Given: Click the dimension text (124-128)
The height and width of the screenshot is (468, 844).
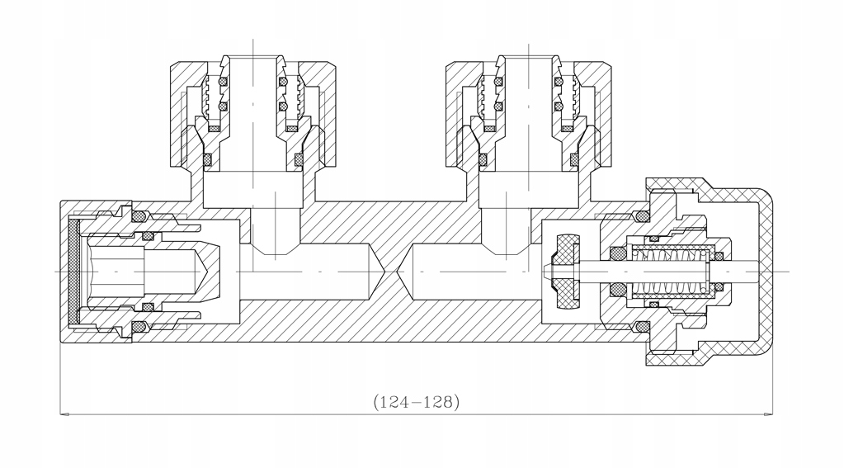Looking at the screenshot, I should tap(416, 403).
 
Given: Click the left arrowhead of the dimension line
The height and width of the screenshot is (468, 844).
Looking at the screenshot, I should tap(64, 414).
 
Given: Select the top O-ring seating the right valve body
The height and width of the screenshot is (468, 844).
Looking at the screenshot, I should tap(642, 216).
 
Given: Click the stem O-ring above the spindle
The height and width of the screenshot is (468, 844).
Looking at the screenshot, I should tap(616, 252).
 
